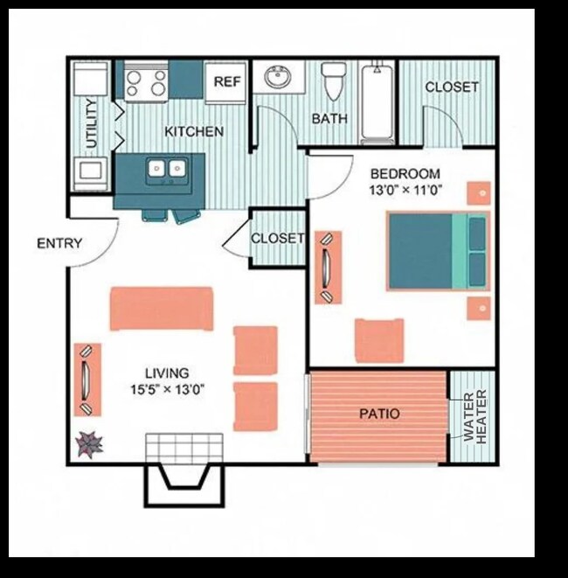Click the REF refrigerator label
point(227,81)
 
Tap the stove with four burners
point(146,83)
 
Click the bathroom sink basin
point(279,78)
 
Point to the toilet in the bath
point(334,83)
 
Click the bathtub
point(378,102)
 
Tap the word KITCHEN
point(194,131)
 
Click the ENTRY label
point(59,242)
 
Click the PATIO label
point(378,413)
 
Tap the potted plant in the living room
point(88,445)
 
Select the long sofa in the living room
point(162,309)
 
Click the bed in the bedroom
point(437,251)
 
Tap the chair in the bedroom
point(379,340)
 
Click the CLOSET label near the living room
point(277,238)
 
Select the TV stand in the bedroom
point(328,268)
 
